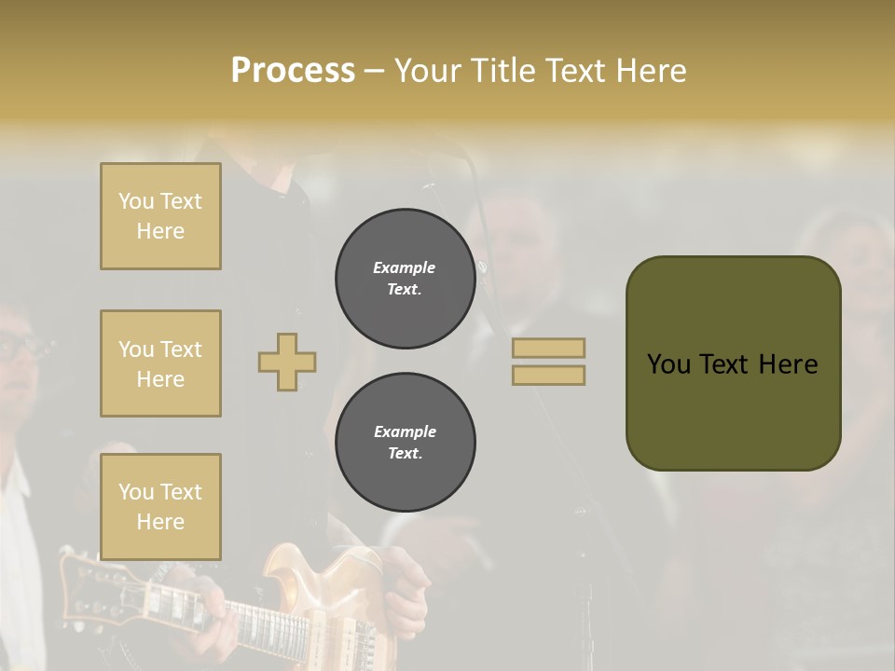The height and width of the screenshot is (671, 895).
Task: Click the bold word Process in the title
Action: (x=293, y=71)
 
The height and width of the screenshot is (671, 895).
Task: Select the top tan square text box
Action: (x=160, y=216)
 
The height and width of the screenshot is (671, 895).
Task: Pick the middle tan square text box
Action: (x=160, y=363)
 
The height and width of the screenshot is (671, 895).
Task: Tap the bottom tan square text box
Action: (x=160, y=506)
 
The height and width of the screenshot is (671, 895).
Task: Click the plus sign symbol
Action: (x=287, y=362)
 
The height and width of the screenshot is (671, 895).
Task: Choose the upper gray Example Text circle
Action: (x=405, y=279)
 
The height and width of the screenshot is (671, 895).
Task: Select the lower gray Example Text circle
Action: (x=405, y=443)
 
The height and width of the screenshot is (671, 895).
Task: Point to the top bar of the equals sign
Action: (x=548, y=348)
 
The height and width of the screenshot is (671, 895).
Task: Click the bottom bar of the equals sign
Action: (x=548, y=375)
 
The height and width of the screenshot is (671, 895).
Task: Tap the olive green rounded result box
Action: (x=733, y=363)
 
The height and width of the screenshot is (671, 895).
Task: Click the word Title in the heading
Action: (x=507, y=71)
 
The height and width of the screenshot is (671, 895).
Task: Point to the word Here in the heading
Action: (x=651, y=71)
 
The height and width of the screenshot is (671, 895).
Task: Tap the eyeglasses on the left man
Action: (x=19, y=348)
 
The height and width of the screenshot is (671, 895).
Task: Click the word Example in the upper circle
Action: (x=405, y=267)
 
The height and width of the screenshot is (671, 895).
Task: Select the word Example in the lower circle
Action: (x=405, y=431)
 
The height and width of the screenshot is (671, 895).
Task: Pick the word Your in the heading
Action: (x=430, y=71)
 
